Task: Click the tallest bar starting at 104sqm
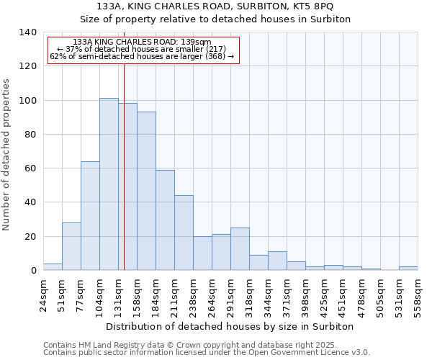(109, 184)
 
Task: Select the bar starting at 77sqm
(90, 216)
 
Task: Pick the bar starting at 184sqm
(165, 220)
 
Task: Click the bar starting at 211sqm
(184, 233)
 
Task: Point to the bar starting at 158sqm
(146, 191)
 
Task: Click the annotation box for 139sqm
(143, 49)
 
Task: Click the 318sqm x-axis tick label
(249, 294)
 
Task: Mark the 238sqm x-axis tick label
(193, 294)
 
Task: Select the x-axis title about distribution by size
(230, 326)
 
